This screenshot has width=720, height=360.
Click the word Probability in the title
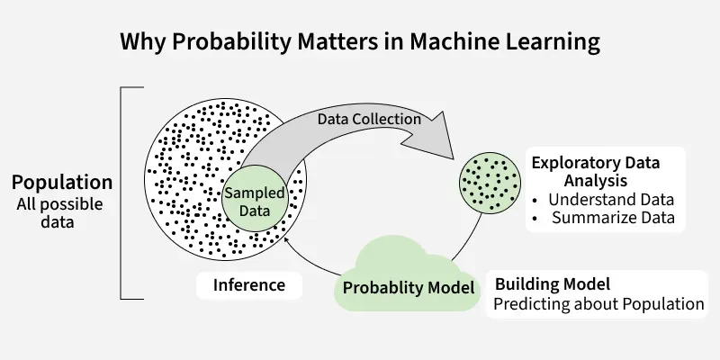coord(231,42)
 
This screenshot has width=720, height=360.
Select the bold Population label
coord(62,183)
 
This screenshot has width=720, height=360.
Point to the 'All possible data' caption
coord(59,213)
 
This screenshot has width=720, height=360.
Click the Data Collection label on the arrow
coord(369,120)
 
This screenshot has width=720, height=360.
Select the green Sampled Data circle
coord(255,199)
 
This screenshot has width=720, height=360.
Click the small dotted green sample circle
coord(490,183)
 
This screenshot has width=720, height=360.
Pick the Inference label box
coord(249,285)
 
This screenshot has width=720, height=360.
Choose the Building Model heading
coord(553,284)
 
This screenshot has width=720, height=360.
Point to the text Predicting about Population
coord(598,304)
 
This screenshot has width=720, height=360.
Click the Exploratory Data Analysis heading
coord(596,172)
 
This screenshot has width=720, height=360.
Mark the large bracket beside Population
coord(121,193)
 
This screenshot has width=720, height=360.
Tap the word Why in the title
coord(143,42)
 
